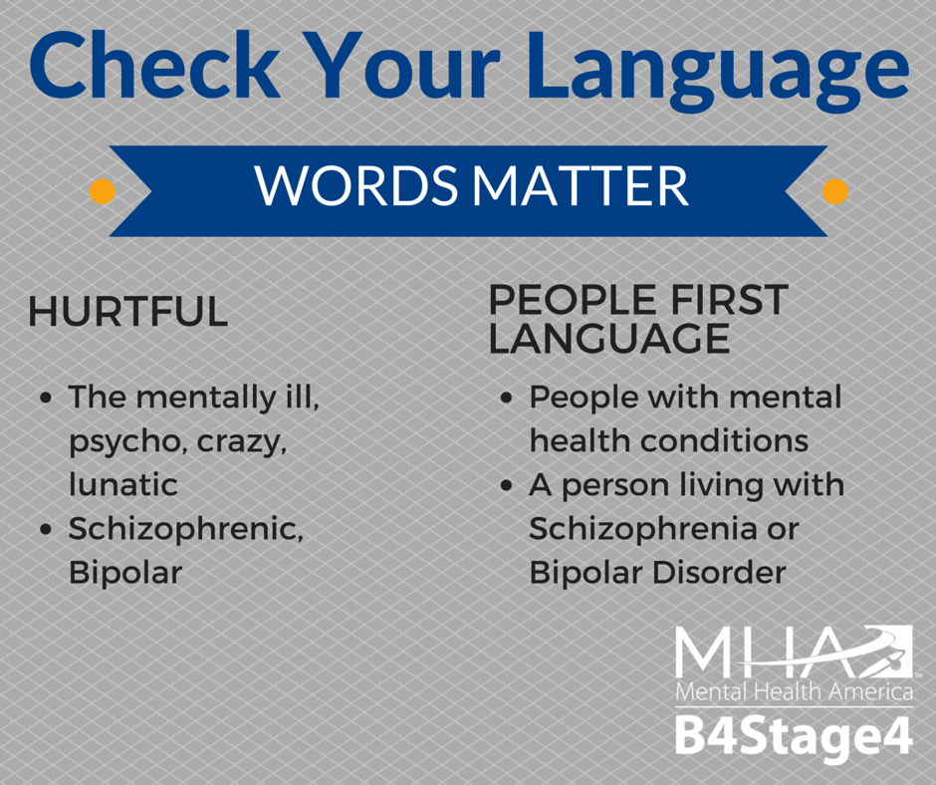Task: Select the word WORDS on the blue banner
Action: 355,186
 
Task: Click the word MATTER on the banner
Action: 581,186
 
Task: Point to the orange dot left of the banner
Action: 103,192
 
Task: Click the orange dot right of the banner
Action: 835,192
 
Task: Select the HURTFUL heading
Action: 128,311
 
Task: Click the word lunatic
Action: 122,484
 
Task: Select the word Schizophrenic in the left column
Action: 186,530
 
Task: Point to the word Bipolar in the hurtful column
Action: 125,574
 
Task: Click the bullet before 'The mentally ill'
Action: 46,397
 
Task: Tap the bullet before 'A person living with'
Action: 507,486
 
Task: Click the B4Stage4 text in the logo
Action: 794,737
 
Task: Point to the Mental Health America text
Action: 794,691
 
